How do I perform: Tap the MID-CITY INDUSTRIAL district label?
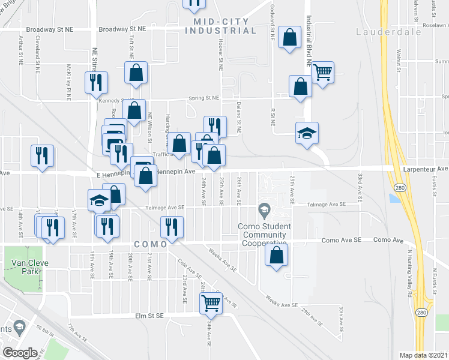pos(224,26)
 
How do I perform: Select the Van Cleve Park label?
pos(25,267)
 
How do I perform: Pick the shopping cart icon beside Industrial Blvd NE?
pos(323,73)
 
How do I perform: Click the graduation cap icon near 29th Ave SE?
pos(307,133)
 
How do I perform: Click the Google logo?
pos(20,352)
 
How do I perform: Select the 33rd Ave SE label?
pos(361,183)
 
